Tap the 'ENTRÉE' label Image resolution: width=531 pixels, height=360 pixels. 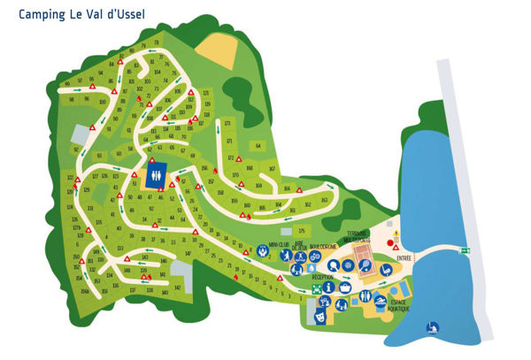coord(404,258)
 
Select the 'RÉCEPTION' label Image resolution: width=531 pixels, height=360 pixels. coord(323,276)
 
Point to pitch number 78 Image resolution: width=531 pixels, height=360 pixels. coord(157,42)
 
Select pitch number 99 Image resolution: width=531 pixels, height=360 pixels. coord(67,84)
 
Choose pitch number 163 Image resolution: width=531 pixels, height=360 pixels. coord(323,199)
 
